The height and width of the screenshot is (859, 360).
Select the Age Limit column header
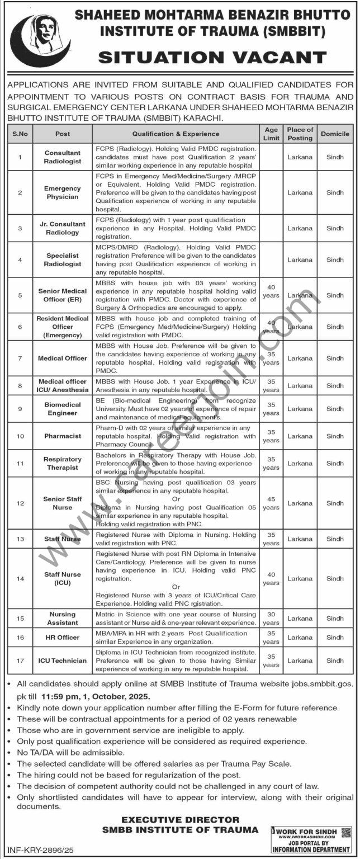click(271, 134)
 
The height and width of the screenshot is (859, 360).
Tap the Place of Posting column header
click(300, 134)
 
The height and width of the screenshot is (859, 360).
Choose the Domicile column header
click(335, 134)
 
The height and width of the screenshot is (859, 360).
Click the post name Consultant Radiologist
click(63, 157)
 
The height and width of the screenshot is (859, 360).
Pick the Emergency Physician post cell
click(63, 193)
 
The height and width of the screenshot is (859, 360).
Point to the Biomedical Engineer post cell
click(63, 409)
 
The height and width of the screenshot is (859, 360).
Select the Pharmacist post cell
click(63, 436)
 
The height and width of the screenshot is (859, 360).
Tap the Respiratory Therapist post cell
click(63, 463)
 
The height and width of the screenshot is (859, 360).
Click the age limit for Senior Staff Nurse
click(271, 503)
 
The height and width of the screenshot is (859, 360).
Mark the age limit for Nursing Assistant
click(271, 619)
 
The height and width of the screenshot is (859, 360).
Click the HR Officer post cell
click(63, 638)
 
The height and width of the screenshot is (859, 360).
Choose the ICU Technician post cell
click(63, 660)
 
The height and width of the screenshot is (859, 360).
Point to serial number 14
click(20, 579)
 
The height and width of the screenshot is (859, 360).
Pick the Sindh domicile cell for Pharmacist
click(335, 436)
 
